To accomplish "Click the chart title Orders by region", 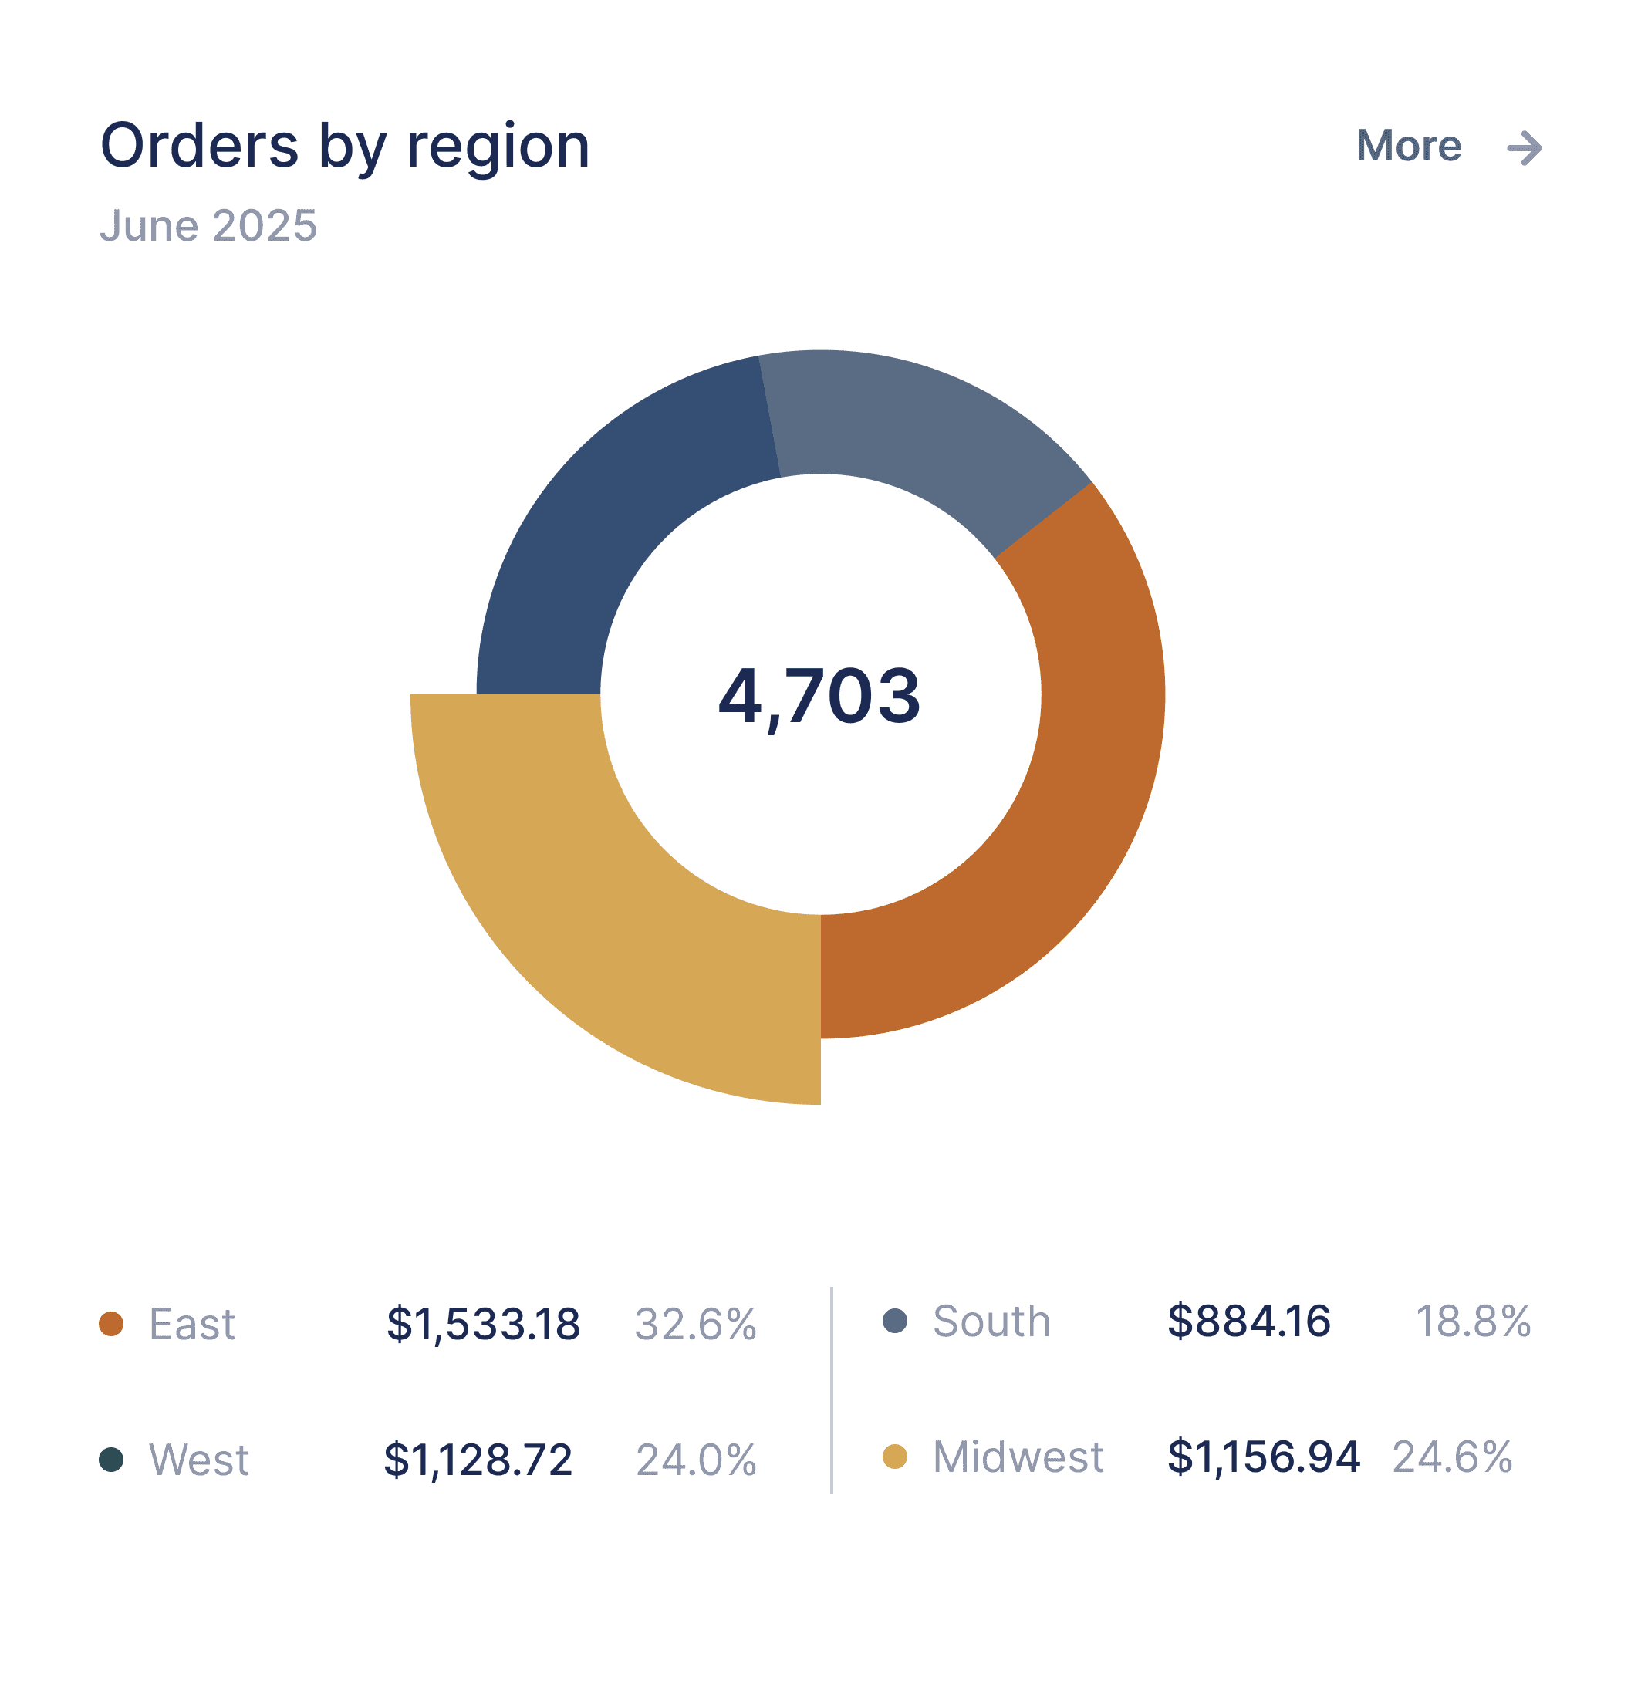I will coord(344,147).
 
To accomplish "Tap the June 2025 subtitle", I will coord(208,226).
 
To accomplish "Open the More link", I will coord(1408,147).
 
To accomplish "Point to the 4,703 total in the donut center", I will coord(819,696).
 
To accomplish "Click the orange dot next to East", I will coord(111,1324).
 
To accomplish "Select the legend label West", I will coord(199,1460).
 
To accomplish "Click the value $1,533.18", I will coord(483,1325).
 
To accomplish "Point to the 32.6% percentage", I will coord(695,1325).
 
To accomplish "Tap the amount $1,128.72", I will coord(478,1460).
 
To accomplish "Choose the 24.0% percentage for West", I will coord(696,1460).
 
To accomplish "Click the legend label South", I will coord(991,1322).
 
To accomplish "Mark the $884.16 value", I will coord(1248,1322).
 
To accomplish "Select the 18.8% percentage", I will coord(1472,1322).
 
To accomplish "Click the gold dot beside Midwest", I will coord(894,1457).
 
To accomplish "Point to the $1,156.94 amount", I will coord(1263,1457).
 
